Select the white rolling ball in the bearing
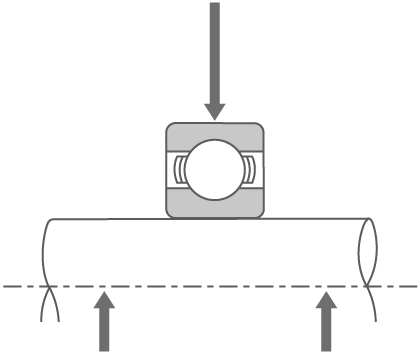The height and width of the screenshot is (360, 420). [214, 169]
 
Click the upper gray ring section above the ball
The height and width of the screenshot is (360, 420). [214, 133]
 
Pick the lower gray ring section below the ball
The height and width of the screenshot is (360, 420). [214, 206]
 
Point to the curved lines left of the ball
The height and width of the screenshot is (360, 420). [179, 169]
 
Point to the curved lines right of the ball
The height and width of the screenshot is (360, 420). [249, 169]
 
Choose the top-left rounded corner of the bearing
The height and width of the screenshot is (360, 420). [171, 128]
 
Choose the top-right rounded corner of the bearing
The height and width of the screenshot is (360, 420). [258, 128]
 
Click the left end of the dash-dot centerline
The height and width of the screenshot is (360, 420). [5, 287]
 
